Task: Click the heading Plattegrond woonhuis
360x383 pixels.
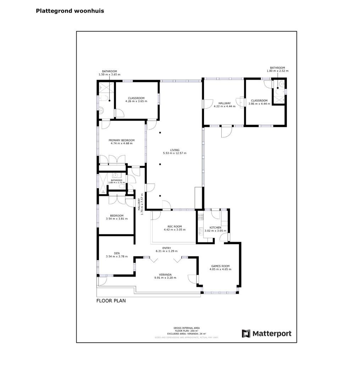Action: pos(70,11)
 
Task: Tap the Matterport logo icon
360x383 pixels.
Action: pos(246,334)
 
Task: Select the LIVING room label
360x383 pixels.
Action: pos(175,150)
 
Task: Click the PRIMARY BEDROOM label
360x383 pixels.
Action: pos(121,140)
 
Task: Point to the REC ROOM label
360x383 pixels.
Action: pos(175,227)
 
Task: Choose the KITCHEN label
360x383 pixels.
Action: pos(215,228)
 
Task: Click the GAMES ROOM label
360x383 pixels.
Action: pos(221,266)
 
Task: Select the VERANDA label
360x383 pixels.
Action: pos(165,275)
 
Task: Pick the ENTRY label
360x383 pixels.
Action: pos(167,248)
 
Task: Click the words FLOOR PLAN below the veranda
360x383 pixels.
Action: pos(111,301)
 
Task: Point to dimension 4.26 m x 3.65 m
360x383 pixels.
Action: pos(136,101)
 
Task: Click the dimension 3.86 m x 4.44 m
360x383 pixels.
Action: pos(259,104)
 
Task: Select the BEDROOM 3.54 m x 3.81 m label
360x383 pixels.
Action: pos(117,217)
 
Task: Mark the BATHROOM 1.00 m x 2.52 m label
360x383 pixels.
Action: pos(277,70)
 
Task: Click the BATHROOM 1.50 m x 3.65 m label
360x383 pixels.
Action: pos(109,73)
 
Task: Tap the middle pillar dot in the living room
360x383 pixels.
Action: pos(160,164)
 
